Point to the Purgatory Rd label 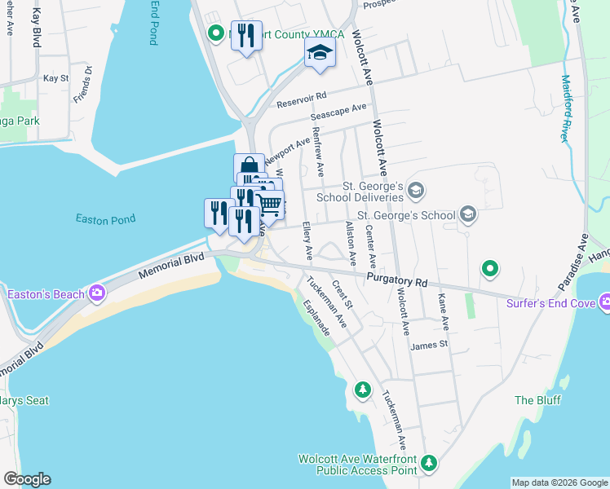click(397, 281)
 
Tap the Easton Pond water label click(105, 218)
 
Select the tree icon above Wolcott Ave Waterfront click(362, 390)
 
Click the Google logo click(27, 479)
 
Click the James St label click(430, 345)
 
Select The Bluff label click(535, 400)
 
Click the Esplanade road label click(316, 318)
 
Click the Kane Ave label click(444, 312)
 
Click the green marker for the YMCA click(216, 34)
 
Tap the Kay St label click(55, 78)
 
